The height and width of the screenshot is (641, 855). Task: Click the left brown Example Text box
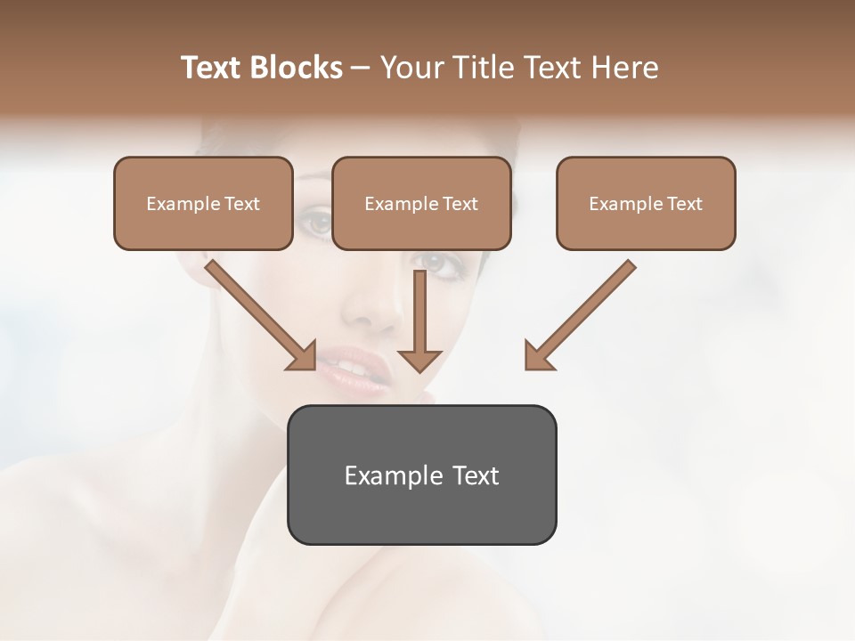click(203, 204)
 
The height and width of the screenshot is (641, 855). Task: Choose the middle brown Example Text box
click(421, 204)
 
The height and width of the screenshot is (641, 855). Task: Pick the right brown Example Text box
click(646, 204)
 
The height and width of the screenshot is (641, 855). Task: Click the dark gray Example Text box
click(421, 475)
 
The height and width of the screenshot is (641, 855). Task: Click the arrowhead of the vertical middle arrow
click(419, 360)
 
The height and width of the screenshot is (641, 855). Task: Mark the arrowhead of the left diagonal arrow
click(303, 356)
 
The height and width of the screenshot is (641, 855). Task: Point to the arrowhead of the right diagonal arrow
click(538, 356)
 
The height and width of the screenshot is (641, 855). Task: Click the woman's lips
click(356, 369)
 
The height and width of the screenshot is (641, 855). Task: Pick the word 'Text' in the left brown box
click(241, 204)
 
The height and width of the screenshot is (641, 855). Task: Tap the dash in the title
click(361, 69)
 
